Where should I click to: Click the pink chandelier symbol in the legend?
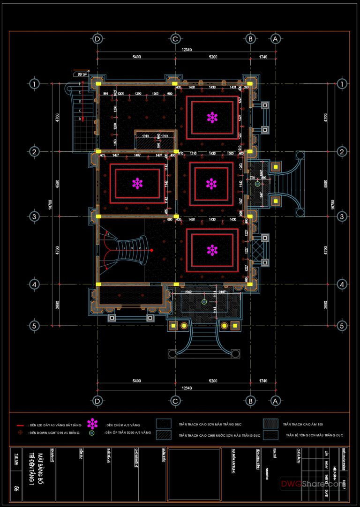pos(94,424)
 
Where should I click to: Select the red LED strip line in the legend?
pos(20,425)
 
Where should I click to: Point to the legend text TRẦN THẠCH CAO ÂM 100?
pos(303,424)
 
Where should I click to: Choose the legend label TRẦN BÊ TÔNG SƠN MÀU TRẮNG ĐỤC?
pos(315,435)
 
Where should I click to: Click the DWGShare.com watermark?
pos(311,484)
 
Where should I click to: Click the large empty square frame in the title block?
pos(195,474)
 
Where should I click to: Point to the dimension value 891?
pos(106,94)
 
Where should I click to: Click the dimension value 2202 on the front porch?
pos(188,292)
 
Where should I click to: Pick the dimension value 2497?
pos(222,292)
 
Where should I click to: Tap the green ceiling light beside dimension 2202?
pos(204,302)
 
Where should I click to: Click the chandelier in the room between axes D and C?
pos(137,183)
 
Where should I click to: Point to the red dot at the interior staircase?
pos(151,250)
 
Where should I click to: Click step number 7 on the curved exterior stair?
pos(80,110)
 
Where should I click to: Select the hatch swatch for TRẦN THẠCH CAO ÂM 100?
pos(270,424)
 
